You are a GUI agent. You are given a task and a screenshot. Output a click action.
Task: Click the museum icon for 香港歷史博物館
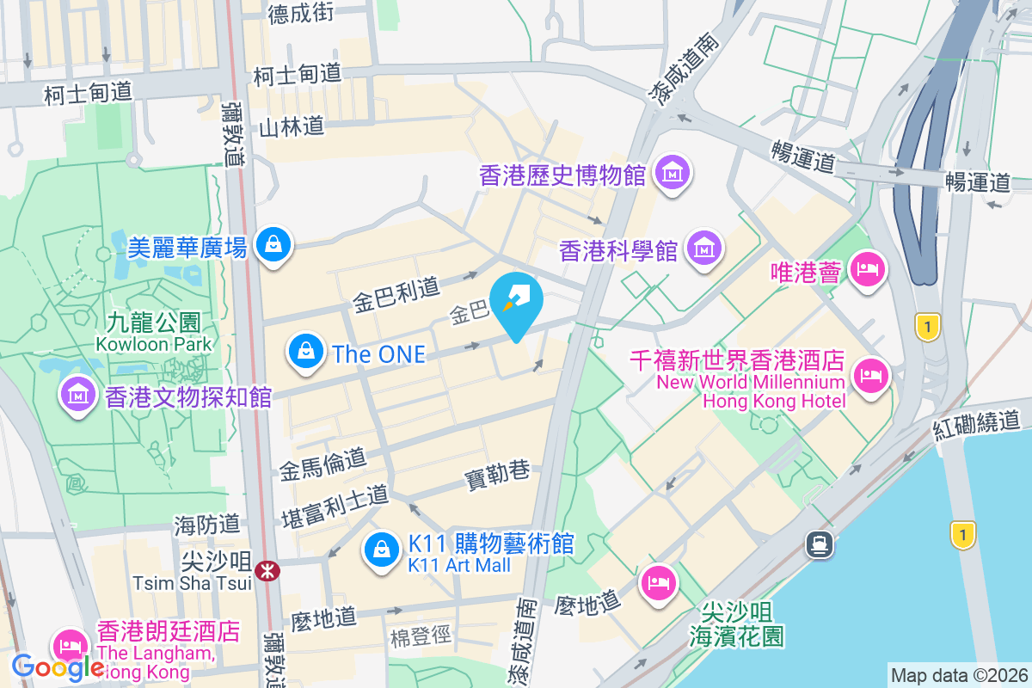(x=673, y=175)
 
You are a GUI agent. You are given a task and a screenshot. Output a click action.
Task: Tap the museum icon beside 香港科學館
(x=704, y=249)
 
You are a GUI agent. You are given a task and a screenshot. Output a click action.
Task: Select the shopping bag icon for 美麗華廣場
(x=273, y=247)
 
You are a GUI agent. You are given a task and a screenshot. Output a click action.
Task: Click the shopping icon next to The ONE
(x=305, y=352)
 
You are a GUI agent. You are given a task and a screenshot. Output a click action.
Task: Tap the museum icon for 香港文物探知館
(x=78, y=396)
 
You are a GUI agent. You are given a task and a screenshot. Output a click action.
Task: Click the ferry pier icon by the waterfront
(x=817, y=543)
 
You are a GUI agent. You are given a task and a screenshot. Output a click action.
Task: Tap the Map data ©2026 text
(x=958, y=675)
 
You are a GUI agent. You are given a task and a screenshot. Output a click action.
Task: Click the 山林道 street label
(x=292, y=127)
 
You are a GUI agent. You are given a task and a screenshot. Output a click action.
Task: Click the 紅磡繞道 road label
(x=978, y=423)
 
